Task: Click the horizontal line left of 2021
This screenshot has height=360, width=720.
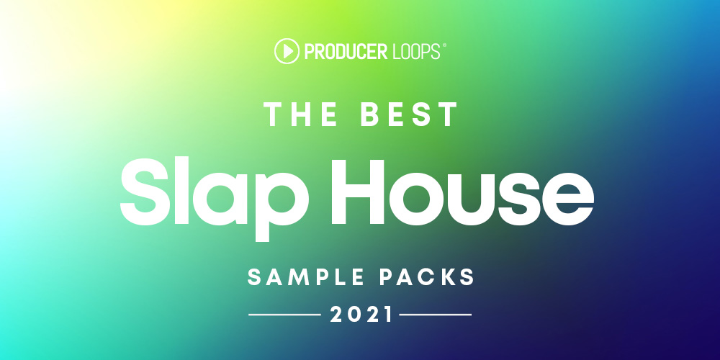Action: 284,315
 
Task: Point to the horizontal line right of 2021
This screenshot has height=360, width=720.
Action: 436,315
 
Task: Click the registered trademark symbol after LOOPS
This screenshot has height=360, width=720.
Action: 444,45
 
